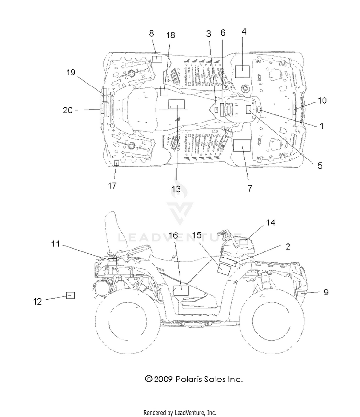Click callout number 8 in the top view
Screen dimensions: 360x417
[151, 33]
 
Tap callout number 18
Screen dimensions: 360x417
[170, 35]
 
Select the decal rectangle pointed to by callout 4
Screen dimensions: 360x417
[242, 71]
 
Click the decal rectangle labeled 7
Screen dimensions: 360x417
[241, 145]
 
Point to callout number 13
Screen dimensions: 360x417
[176, 189]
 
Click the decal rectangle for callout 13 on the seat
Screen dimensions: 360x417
[177, 104]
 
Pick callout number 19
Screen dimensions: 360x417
[71, 73]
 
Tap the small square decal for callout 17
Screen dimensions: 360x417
[116, 163]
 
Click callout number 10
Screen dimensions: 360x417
[322, 100]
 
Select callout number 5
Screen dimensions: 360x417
[320, 166]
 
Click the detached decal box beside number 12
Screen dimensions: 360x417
[71, 295]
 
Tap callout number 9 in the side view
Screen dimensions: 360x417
[326, 292]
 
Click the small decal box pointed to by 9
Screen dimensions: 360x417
[301, 294]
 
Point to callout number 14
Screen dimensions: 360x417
[270, 222]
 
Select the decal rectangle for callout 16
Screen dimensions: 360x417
[181, 291]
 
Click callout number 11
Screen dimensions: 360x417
[55, 244]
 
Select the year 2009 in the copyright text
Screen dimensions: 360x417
[163, 379]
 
